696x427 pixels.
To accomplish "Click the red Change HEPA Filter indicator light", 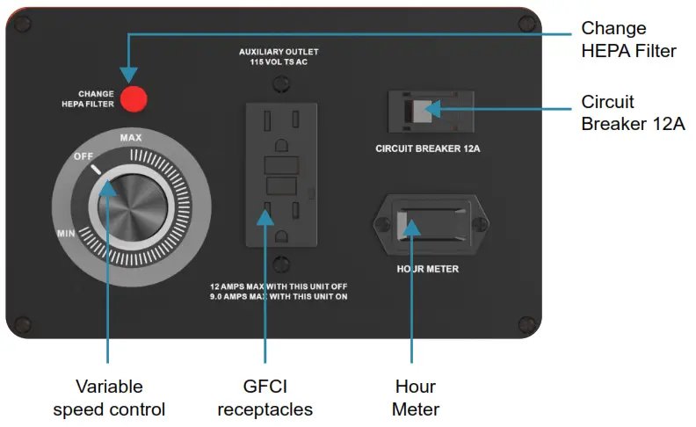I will coord(134,98).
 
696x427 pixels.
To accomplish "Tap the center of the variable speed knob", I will coord(132,210).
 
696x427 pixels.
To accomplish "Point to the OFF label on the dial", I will coord(83,156).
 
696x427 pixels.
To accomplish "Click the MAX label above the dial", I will coord(131,139).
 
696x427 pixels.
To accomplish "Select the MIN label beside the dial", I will coord(65,233).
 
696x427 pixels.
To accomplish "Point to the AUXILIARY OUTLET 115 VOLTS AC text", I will coord(279,57).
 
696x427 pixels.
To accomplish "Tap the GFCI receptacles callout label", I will coord(265,398).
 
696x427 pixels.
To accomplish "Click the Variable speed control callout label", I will coord(109,398).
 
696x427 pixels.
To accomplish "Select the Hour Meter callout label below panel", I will coord(415,398).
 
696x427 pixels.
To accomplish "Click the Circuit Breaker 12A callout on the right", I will coord(633,112).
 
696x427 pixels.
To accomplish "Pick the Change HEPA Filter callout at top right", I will coord(628,40).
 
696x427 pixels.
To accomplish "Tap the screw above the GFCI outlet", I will coord(280,85).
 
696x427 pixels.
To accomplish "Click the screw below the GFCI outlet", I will coord(280,262).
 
